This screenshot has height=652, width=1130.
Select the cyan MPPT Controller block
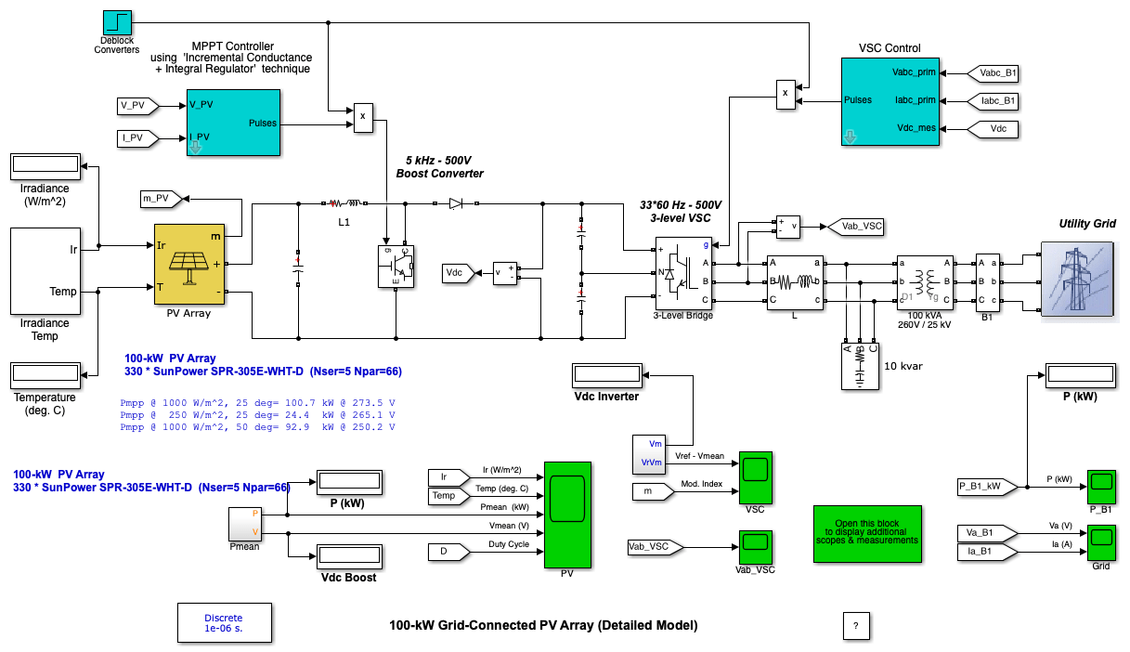click(233, 123)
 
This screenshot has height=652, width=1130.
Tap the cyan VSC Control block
click(890, 100)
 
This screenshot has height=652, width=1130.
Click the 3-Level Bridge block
click(686, 273)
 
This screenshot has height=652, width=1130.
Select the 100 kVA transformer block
click(922, 281)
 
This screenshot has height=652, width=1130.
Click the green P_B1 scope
click(1102, 483)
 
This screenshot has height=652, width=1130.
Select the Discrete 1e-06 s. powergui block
click(223, 622)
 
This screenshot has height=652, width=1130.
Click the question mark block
click(855, 626)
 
